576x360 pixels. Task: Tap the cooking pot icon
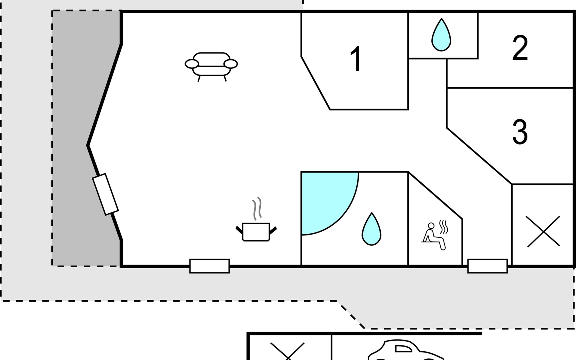tap(256, 232)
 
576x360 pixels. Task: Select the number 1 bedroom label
tap(356, 59)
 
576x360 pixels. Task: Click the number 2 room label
tap(520, 48)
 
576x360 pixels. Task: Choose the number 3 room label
tap(520, 132)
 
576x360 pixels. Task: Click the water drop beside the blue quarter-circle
tap(371, 229)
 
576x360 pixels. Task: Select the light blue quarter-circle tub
tap(325, 199)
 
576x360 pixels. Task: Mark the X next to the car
tap(287, 351)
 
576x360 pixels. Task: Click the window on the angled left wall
tap(105, 194)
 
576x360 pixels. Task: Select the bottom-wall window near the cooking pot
tap(209, 266)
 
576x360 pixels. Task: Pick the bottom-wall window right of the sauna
tap(487, 266)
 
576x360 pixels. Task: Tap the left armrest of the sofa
tap(192, 64)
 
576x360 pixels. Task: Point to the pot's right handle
tap(273, 231)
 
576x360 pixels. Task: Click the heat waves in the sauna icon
tap(443, 227)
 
